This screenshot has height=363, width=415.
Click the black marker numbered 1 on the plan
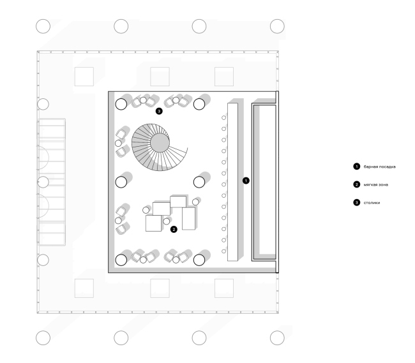[x=246, y=181]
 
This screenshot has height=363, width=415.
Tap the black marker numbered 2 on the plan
[x=174, y=229]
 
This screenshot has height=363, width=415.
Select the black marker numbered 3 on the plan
[x=159, y=111]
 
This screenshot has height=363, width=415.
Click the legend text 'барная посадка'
[x=379, y=167]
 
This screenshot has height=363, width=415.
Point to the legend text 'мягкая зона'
[x=376, y=185]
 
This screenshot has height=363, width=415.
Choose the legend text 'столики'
[x=372, y=203]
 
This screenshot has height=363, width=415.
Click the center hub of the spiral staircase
[x=160, y=143]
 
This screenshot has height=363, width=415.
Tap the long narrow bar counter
[x=232, y=182]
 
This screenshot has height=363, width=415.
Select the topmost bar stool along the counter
[x=223, y=117]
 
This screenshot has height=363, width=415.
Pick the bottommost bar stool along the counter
[x=223, y=251]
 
